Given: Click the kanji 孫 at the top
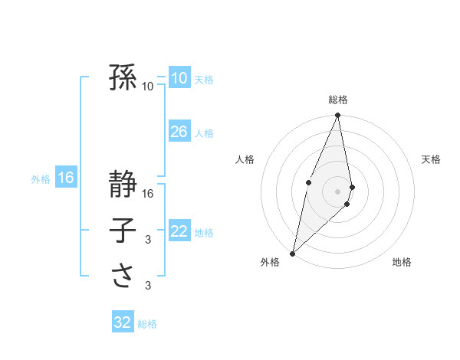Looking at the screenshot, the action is (123, 77).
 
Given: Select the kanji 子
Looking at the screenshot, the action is (123, 230).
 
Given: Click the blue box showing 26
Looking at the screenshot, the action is (179, 132).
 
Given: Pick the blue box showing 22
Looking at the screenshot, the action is (179, 231).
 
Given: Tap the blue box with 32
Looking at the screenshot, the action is (123, 322).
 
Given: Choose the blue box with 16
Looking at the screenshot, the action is (66, 178).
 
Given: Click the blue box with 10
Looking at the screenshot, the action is (179, 77).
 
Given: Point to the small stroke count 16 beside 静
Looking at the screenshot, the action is (149, 194).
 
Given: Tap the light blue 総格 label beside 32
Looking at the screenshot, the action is (147, 324).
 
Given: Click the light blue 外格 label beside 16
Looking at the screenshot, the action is (41, 179).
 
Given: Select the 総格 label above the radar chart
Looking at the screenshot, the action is (338, 100).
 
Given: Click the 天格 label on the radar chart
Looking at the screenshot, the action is (432, 159).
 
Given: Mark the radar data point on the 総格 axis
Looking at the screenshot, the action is (337, 116).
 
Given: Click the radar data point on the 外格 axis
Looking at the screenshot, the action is (292, 253).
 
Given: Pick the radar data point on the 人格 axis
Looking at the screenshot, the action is (308, 182).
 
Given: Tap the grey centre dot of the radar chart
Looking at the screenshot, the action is (337, 191).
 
